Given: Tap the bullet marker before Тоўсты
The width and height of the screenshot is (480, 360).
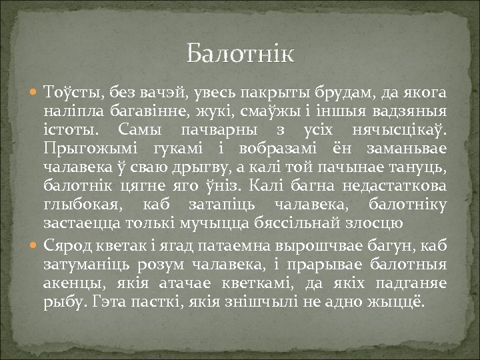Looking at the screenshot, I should coord(35,92).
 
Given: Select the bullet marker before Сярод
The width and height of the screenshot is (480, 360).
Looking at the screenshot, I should coord(35,247).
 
